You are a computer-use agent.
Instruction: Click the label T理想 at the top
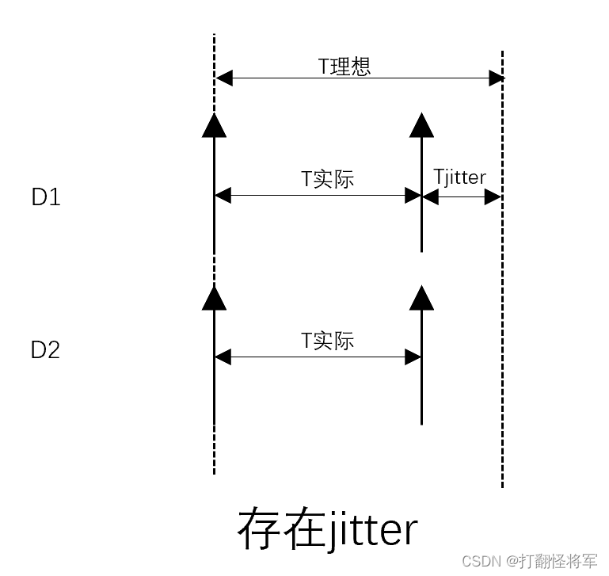tap(344, 66)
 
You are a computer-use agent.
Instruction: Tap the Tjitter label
tap(459, 177)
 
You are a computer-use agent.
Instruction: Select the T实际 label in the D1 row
tap(327, 179)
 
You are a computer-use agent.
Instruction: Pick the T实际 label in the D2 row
tap(327, 341)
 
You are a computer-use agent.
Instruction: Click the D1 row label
tap(46, 197)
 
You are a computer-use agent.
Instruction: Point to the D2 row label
tap(46, 350)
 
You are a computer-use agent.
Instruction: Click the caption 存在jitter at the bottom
tap(327, 529)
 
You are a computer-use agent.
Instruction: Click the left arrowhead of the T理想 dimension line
tap(223, 78)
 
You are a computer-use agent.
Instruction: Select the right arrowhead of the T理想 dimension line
tap(496, 78)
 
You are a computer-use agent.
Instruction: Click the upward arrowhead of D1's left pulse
tap(214, 124)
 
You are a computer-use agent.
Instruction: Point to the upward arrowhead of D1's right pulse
tap(421, 124)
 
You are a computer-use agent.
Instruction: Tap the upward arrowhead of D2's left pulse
tap(214, 297)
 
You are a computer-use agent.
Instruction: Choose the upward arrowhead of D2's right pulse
tap(421, 297)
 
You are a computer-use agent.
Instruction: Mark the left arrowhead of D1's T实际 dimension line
tap(223, 195)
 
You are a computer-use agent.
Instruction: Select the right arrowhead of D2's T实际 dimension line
tap(413, 357)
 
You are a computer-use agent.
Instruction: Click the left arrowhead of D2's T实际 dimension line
tap(223, 357)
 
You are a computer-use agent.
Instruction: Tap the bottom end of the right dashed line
tap(502, 485)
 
